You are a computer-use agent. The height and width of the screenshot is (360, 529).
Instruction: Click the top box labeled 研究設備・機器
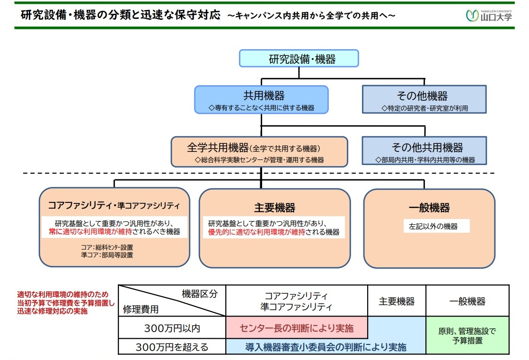click(x=299, y=59)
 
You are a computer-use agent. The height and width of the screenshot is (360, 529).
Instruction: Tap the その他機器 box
click(x=424, y=100)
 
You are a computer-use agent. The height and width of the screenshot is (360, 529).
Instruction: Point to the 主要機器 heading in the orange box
click(x=274, y=208)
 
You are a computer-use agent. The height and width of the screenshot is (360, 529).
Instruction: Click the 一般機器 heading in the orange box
click(x=429, y=208)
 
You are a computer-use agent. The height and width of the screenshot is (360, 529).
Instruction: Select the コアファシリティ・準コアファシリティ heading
click(x=114, y=205)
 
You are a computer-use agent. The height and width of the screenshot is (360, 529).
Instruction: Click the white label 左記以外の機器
click(x=433, y=227)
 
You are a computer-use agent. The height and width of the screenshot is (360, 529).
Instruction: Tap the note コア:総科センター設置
click(x=106, y=247)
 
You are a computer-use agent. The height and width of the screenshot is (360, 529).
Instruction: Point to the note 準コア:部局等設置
click(x=107, y=255)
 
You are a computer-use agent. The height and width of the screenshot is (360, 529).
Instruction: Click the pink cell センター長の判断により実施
click(x=297, y=328)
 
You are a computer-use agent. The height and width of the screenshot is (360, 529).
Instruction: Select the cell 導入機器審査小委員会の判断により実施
click(x=326, y=347)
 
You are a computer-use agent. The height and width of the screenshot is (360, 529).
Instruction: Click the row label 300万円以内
click(x=171, y=328)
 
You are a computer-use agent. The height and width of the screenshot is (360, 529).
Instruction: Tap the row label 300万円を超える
click(x=172, y=347)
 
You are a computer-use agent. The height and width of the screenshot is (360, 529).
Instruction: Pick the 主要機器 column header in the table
click(x=397, y=301)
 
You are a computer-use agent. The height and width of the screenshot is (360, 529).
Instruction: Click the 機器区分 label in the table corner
click(x=200, y=294)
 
